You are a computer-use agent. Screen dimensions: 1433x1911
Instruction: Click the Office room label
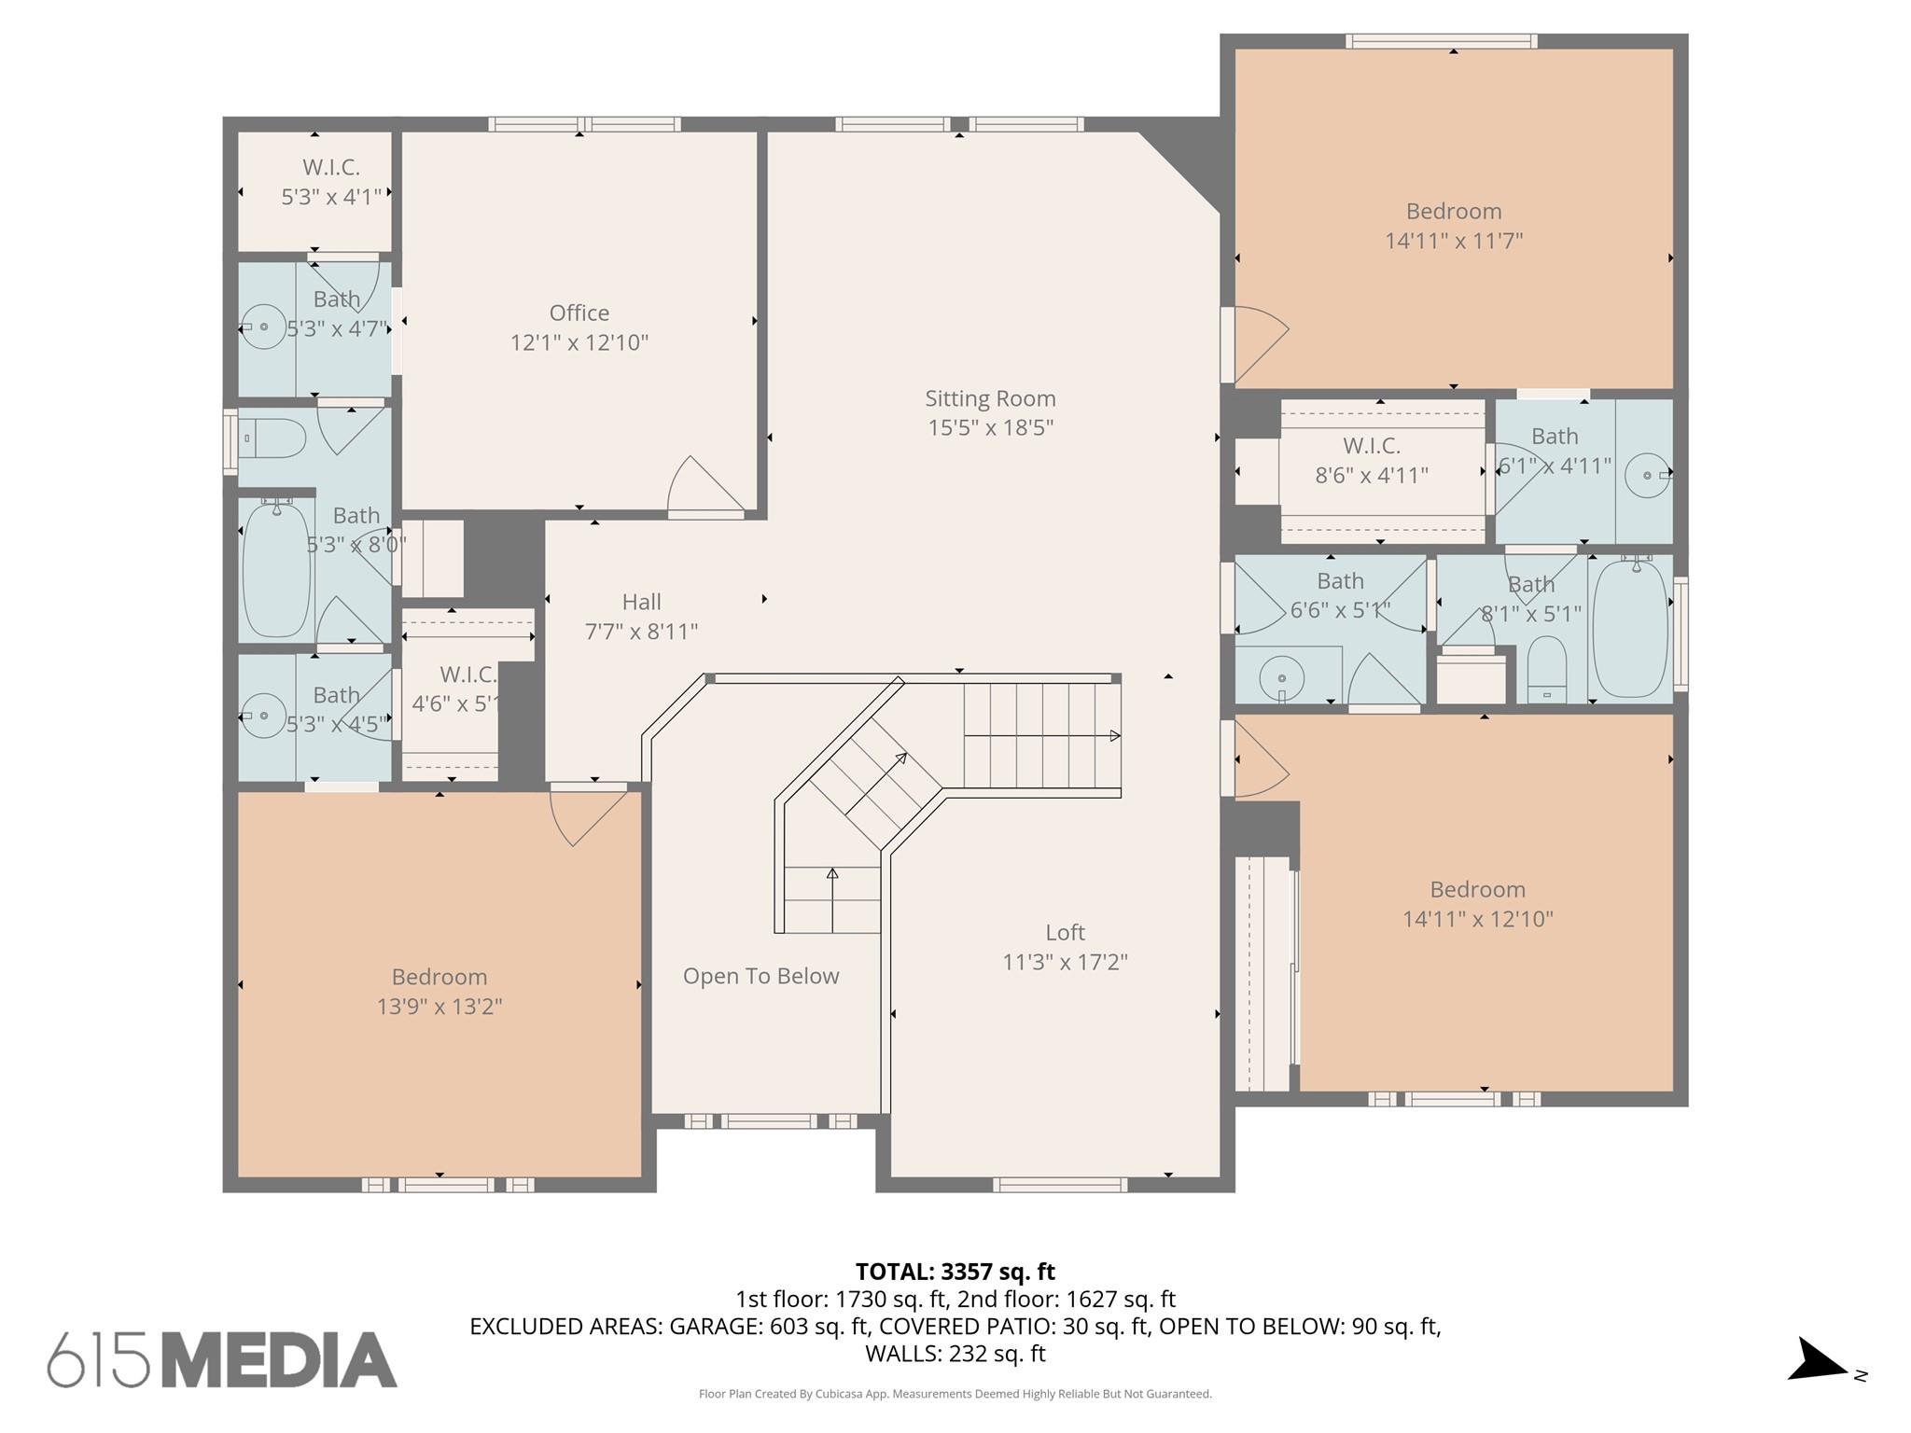tap(579, 313)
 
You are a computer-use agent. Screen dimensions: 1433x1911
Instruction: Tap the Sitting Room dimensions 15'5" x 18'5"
tap(990, 427)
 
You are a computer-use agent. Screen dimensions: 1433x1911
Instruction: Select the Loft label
tap(1065, 932)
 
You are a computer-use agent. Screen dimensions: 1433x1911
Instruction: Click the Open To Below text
tap(760, 976)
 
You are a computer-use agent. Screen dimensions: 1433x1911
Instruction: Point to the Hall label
tap(641, 602)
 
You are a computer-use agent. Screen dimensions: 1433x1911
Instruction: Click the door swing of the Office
tap(706, 485)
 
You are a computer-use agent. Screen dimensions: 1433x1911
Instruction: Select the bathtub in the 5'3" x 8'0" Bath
tap(276, 570)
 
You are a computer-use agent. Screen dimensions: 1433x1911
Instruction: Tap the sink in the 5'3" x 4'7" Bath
tap(263, 327)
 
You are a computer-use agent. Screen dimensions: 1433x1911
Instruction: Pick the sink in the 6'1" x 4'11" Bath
tap(1647, 475)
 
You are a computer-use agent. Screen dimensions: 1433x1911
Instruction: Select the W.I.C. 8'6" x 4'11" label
tap(1371, 460)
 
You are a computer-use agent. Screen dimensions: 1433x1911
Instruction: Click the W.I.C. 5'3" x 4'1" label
tap(331, 182)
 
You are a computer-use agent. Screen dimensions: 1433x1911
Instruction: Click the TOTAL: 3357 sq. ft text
tap(955, 1272)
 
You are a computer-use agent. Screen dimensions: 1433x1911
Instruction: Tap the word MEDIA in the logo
tap(279, 1360)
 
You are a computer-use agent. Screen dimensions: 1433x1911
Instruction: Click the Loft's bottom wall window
tap(1059, 1185)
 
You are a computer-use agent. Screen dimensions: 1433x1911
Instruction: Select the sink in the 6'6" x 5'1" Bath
tap(1282, 678)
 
